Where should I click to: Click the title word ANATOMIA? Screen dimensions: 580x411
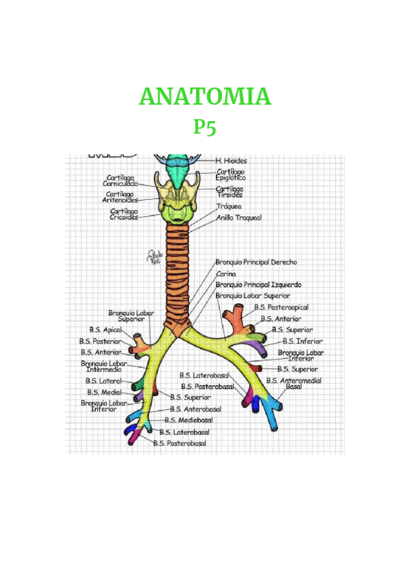point(205,97)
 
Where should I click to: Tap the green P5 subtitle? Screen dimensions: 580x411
point(205,128)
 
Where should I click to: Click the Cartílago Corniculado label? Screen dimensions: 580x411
point(121,181)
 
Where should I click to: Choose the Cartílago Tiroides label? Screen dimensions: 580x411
point(229,192)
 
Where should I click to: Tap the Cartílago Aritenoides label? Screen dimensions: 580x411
point(120,197)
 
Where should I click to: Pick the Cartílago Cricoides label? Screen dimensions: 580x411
point(123,214)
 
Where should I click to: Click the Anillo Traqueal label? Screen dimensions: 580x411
point(239,217)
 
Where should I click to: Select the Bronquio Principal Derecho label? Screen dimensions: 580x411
point(256,261)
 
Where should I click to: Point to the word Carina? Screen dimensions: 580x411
point(226,273)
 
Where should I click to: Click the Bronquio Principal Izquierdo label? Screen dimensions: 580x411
point(258,285)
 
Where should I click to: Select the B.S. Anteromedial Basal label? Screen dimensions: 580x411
point(294,383)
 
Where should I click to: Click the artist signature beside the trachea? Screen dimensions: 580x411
point(153,256)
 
